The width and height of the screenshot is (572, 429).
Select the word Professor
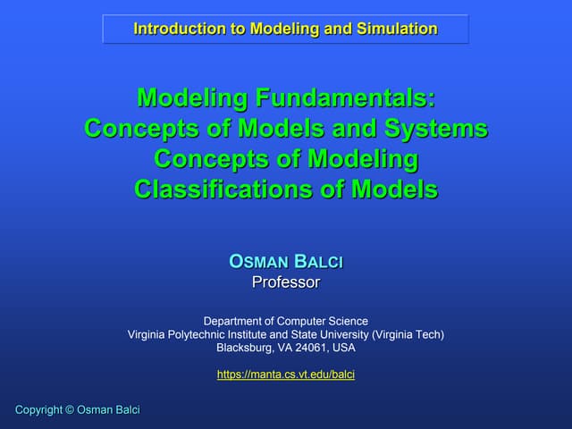286,282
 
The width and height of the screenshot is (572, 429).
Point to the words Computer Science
324,321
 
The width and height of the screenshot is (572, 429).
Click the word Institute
257,334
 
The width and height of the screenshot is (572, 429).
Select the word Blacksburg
247,348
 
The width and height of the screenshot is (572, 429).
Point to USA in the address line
343,348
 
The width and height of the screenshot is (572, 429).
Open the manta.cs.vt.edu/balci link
286,374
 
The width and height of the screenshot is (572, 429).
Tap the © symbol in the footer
69,409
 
